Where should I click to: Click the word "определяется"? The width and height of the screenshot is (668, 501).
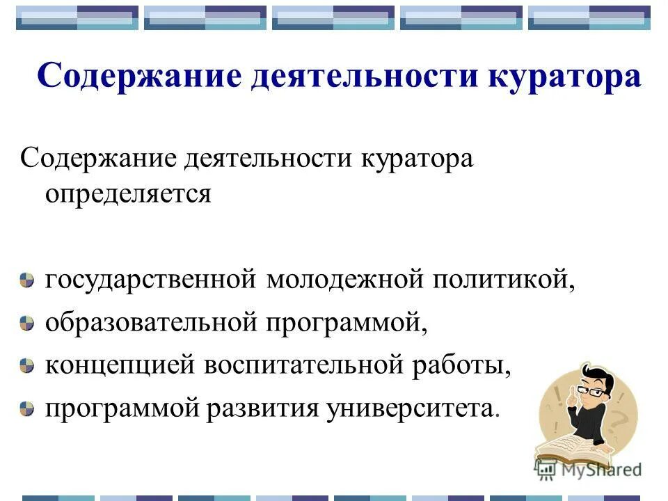[x=128, y=193]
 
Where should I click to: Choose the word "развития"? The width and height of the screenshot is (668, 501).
[x=267, y=407]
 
